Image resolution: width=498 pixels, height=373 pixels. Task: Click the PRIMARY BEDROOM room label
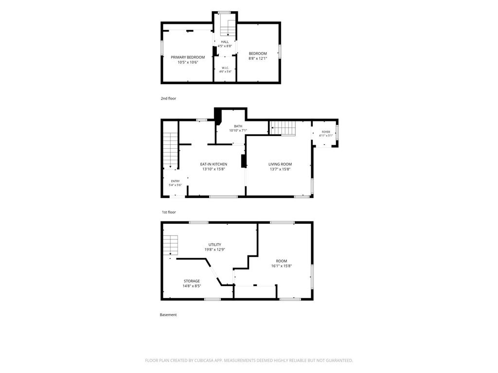(x=188, y=57)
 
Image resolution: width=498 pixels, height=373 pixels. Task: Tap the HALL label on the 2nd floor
(x=225, y=42)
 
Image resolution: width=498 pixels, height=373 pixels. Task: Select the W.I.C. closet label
(x=225, y=68)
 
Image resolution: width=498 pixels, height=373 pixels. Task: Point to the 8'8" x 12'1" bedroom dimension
(x=258, y=58)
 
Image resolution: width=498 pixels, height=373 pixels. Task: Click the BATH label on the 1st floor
(x=238, y=126)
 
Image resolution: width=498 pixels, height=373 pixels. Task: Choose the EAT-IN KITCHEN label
(x=213, y=164)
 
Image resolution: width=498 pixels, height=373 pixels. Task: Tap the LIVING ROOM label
(x=280, y=164)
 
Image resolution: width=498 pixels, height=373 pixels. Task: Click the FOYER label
(x=326, y=132)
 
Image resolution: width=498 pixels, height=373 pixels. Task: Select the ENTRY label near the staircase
(x=175, y=181)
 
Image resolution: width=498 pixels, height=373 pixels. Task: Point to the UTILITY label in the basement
(x=214, y=245)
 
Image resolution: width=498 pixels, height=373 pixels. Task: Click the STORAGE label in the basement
(x=192, y=281)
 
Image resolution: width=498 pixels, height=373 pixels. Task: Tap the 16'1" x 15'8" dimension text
(x=282, y=266)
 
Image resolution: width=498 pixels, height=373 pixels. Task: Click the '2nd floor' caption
(x=168, y=98)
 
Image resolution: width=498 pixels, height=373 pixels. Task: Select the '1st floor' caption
(x=169, y=212)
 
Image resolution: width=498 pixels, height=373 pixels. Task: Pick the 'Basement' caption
(x=168, y=315)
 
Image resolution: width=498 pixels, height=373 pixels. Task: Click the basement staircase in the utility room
(x=171, y=245)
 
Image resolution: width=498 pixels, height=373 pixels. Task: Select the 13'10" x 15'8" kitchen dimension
(x=213, y=170)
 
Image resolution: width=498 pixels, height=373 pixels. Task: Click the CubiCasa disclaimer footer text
(x=249, y=360)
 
